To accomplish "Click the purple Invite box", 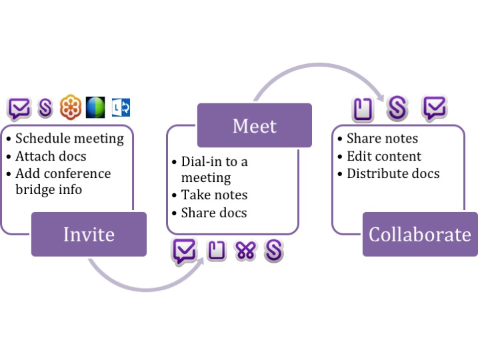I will [x=89, y=234].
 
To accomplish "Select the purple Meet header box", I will [x=255, y=125].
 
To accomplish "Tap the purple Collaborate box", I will [x=420, y=234].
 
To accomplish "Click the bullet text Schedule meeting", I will [x=69, y=139].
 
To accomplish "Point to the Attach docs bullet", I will [x=51, y=156].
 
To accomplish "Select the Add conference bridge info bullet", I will [x=63, y=181].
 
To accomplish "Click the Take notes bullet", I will [x=214, y=195].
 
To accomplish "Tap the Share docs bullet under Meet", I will [x=213, y=213].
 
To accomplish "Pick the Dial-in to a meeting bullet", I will [x=213, y=169].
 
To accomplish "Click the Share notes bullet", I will [x=382, y=139].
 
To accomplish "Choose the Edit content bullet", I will [x=383, y=156].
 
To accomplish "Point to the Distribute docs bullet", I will [x=393, y=173].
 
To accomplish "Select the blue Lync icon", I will [x=121, y=107].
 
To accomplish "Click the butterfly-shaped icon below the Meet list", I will [x=245, y=251].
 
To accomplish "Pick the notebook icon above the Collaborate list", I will [x=363, y=109].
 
